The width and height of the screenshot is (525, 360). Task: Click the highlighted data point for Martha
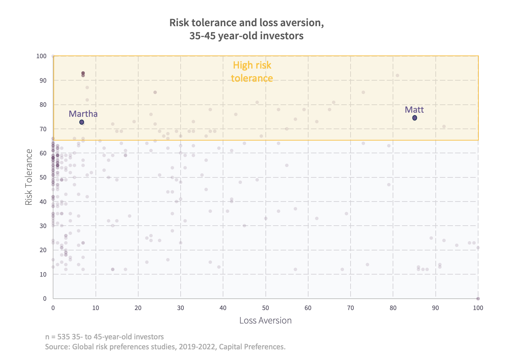[82, 122]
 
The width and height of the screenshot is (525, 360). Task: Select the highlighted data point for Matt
[415, 118]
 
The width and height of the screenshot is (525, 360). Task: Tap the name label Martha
[83, 114]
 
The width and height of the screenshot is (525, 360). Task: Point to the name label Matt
[414, 110]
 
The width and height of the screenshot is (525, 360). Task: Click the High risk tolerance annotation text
[252, 72]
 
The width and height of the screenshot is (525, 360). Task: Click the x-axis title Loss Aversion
[265, 320]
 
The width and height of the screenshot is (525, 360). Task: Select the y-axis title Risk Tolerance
[29, 177]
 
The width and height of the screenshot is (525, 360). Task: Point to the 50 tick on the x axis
[265, 308]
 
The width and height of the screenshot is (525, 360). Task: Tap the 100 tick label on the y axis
[41, 56]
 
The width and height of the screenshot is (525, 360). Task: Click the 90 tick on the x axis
[435, 308]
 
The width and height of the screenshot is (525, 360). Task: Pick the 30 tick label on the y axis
[43, 226]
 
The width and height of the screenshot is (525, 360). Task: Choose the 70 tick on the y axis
[43, 129]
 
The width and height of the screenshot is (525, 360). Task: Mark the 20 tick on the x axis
[138, 308]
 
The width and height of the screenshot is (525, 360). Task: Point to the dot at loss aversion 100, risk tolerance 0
[478, 299]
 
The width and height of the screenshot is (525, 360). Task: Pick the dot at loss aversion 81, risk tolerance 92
[397, 75]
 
